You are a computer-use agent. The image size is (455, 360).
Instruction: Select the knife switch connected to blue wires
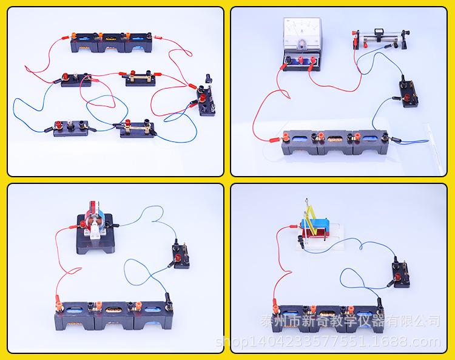(136, 127)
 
